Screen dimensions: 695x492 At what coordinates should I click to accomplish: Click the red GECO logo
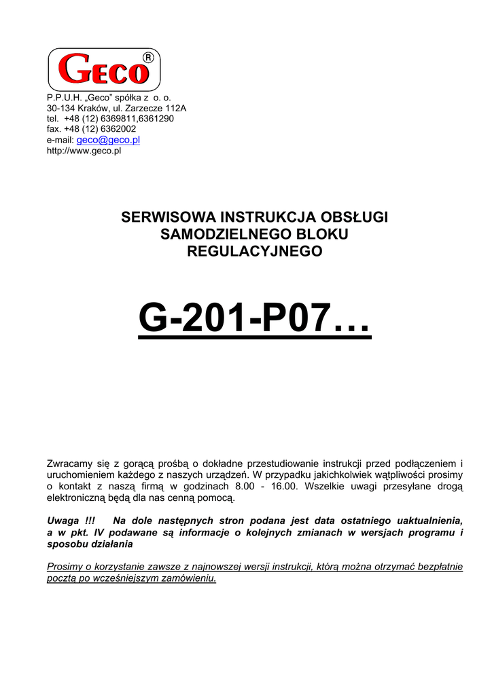point(103,71)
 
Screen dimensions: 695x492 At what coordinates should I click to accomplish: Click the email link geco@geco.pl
point(108,140)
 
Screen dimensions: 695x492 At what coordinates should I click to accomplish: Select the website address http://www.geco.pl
point(84,151)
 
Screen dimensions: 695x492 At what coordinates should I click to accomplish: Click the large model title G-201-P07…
point(254,318)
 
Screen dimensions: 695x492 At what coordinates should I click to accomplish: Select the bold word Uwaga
point(62,521)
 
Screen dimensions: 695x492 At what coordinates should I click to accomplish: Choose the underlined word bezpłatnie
point(436,567)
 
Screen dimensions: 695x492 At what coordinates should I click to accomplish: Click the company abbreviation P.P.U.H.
point(63,97)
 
